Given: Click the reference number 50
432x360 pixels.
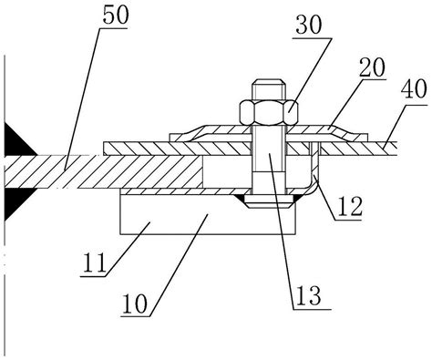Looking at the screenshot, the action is tap(116, 15).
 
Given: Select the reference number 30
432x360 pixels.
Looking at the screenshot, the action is tap(308, 26).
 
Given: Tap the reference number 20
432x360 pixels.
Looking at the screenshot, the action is tap(372, 67).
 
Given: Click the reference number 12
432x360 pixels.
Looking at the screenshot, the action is tap(350, 207).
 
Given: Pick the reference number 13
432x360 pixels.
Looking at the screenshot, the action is tap(308, 295).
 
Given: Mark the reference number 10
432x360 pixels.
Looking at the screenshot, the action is tap(134, 303).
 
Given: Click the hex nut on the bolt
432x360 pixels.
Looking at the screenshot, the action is tap(269, 112).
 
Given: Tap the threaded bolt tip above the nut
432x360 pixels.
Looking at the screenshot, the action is tap(269, 90).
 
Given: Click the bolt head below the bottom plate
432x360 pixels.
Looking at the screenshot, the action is tap(270, 201).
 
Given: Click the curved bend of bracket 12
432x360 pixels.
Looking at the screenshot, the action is tap(313, 186).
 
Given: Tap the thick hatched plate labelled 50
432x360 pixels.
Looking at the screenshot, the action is tap(103, 172).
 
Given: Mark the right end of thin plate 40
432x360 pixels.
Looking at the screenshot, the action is tap(396, 149).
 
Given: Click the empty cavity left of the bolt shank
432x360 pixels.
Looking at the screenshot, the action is tap(227, 172).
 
